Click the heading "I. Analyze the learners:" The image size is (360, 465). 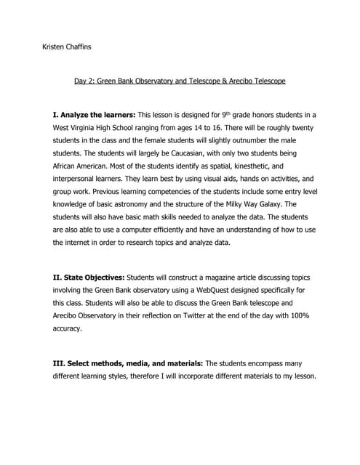[94, 116]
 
